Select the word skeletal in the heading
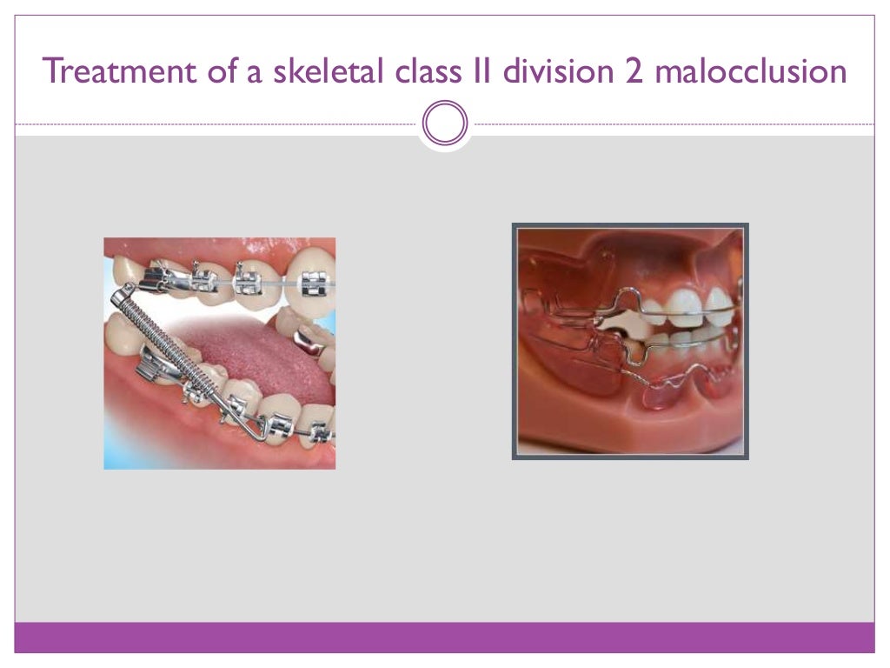[322, 70]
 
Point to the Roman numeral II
[480, 70]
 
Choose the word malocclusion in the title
[750, 70]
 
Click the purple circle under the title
[445, 124]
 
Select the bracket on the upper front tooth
[313, 282]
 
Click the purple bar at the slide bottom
[445, 637]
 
